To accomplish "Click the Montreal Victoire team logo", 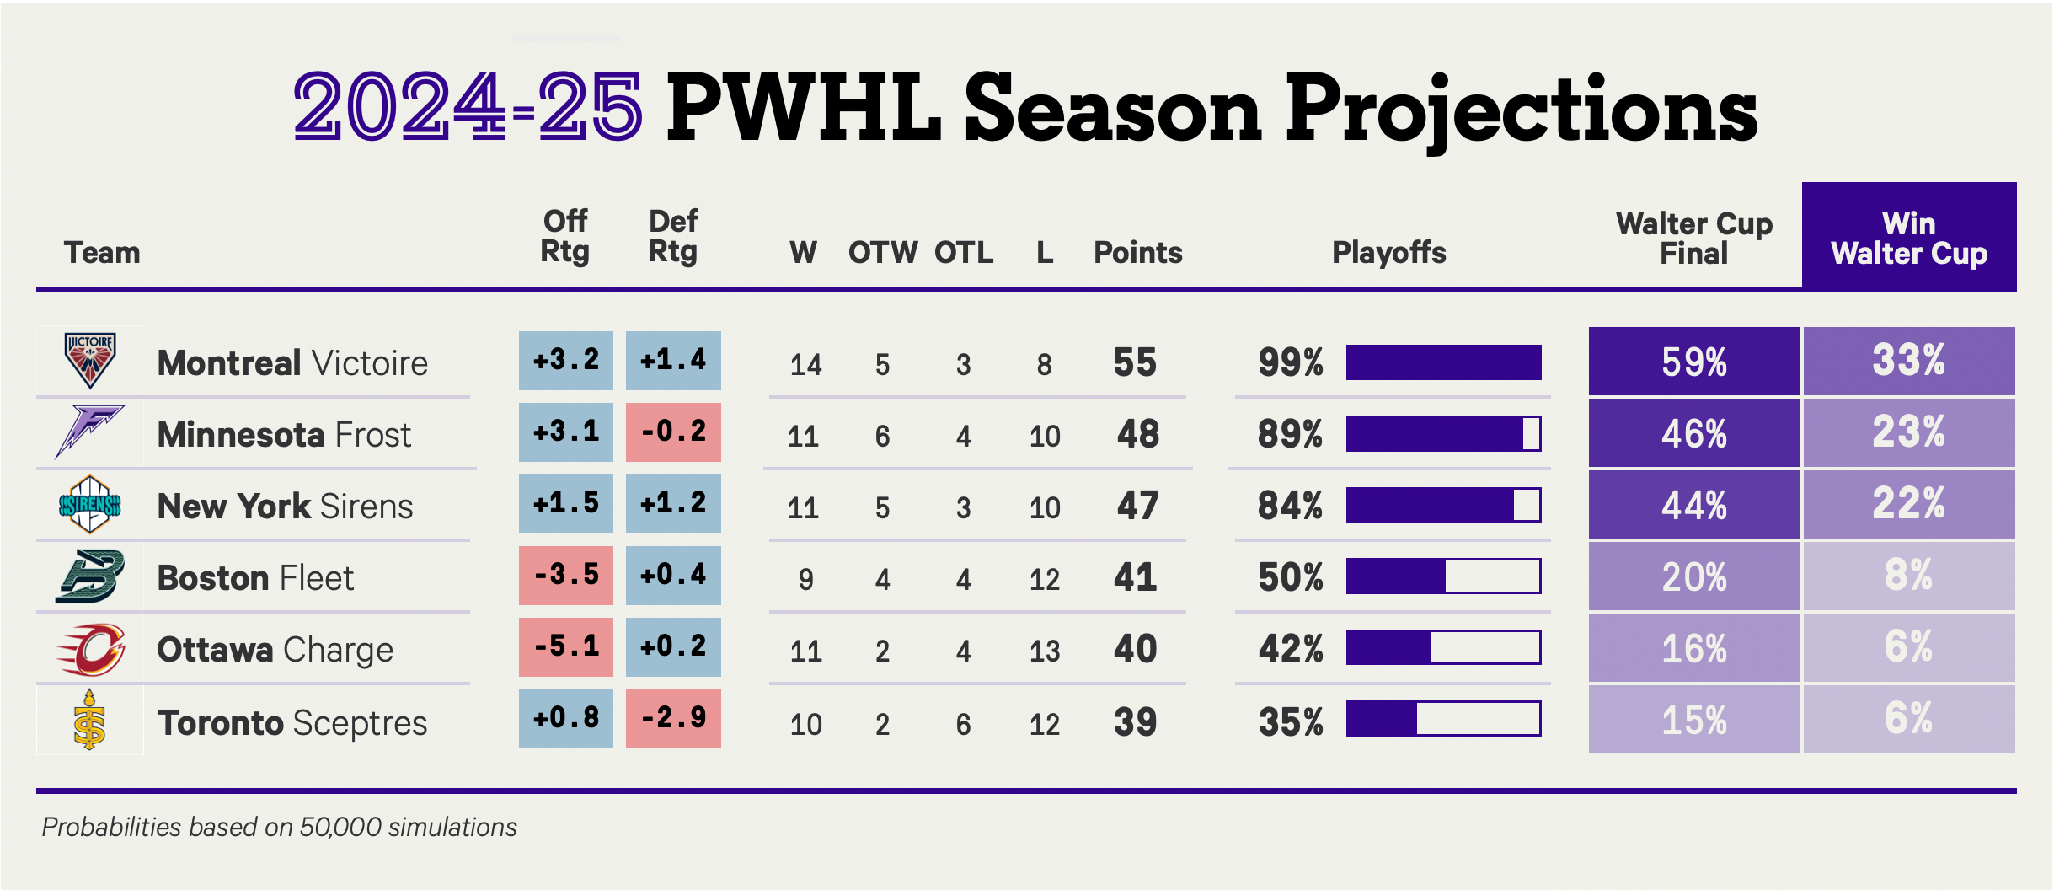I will tap(90, 360).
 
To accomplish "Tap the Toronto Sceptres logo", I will tap(89, 720).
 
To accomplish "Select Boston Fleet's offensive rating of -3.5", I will tap(566, 576).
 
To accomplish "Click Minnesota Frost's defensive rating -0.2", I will tap(673, 432).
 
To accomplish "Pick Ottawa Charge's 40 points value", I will tap(1135, 649).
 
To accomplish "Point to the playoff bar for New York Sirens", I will tap(1443, 505).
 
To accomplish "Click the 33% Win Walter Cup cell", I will tap(1908, 362).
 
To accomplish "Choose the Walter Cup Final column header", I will tap(1693, 239).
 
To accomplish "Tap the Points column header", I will tap(1137, 253).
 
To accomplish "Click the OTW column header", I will tap(882, 253).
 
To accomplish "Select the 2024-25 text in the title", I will tap(468, 108).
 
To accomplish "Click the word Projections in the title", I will tap(1521, 110).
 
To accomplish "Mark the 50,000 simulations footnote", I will tap(279, 827).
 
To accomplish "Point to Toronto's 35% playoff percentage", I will tap(1291, 722).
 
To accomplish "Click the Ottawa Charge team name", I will tap(275, 650).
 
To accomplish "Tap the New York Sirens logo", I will tap(90, 505).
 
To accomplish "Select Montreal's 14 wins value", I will tap(805, 364).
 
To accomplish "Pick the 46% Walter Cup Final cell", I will tap(1693, 434).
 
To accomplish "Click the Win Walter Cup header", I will tap(1908, 239).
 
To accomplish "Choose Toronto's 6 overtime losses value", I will tap(963, 724).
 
